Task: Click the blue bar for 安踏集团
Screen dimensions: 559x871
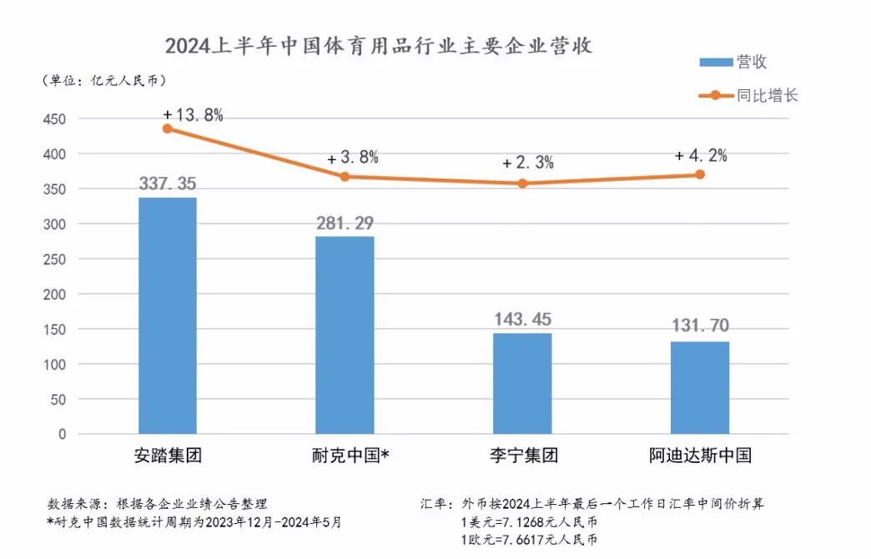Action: (x=168, y=315)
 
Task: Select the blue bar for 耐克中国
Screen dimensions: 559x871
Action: (x=345, y=335)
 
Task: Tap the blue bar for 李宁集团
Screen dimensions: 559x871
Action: (x=522, y=383)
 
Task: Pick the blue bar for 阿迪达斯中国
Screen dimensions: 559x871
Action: (x=700, y=387)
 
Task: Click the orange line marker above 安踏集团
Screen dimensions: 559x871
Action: (x=168, y=128)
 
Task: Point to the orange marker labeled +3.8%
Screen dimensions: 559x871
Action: (x=345, y=176)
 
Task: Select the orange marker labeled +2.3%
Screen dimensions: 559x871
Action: (x=522, y=184)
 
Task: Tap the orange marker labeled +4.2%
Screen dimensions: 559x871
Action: (x=700, y=174)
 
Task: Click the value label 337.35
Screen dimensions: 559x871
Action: (x=168, y=184)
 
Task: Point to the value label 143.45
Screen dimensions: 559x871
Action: (x=522, y=319)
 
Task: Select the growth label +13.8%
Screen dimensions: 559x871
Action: (x=193, y=115)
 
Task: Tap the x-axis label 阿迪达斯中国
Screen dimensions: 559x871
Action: (x=700, y=456)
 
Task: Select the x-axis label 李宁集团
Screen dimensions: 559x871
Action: (x=523, y=456)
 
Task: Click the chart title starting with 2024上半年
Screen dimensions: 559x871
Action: (x=378, y=45)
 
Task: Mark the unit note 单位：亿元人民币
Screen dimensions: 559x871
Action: (x=103, y=80)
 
